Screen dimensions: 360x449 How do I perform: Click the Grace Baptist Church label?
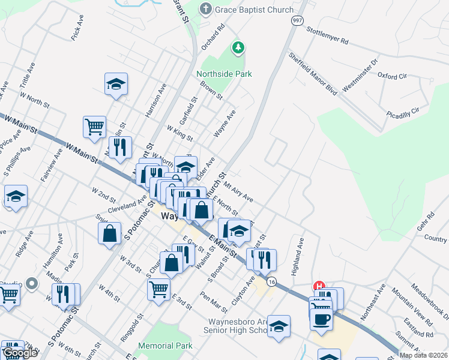pyautogui.click(x=255, y=10)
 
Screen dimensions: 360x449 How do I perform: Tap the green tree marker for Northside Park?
pyautogui.click(x=238, y=47)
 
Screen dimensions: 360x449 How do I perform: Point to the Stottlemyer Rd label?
pyautogui.click(x=327, y=35)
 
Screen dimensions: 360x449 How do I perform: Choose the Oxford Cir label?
pyautogui.click(x=392, y=76)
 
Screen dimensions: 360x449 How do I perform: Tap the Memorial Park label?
pyautogui.click(x=165, y=346)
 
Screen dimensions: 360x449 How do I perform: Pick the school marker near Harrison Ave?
pyautogui.click(x=116, y=84)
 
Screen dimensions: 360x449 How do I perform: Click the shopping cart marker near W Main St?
pyautogui.click(x=94, y=127)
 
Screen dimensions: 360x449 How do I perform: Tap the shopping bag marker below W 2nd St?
pyautogui.click(x=110, y=234)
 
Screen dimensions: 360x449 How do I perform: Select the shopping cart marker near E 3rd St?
pyautogui.click(x=159, y=289)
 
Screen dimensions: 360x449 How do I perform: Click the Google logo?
pyautogui.click(x=20, y=352)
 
